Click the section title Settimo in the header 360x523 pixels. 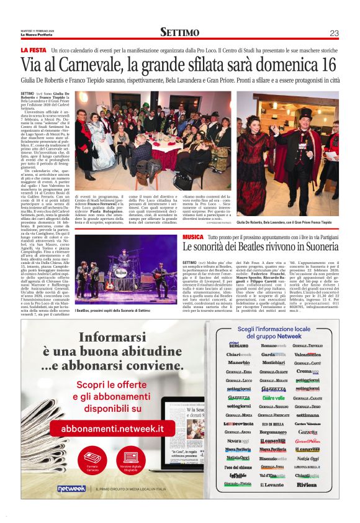pos(180,32)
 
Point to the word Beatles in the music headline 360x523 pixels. pos(254,247)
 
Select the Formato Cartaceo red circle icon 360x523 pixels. pos(92,458)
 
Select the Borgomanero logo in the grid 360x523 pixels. pos(273,432)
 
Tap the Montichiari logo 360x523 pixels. pos(273,362)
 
